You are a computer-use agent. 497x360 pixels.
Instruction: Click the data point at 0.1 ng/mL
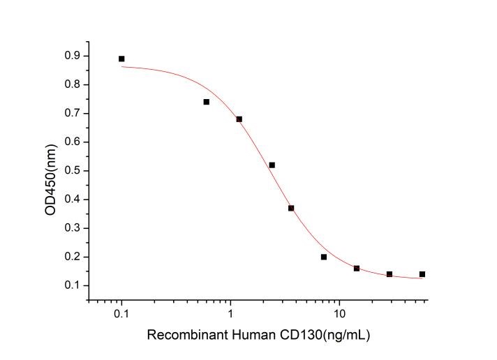coord(121,59)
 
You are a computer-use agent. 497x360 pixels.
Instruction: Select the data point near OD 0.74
coord(206,102)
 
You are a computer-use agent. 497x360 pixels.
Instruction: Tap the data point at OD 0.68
coord(239,119)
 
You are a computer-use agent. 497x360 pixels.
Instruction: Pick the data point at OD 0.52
coord(272,165)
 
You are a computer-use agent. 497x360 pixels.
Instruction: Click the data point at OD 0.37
coord(291,208)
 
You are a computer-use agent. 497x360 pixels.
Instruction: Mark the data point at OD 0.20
coord(324,257)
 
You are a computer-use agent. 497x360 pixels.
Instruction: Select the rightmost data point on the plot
coord(422,274)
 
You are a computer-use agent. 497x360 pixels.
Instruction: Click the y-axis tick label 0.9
coord(72,56)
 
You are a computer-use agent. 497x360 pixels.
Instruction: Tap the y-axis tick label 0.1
coord(72,285)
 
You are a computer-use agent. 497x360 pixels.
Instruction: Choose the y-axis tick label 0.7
coord(72,113)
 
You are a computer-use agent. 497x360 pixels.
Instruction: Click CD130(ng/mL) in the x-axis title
coord(327,336)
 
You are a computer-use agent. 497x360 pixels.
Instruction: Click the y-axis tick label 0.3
coord(72,228)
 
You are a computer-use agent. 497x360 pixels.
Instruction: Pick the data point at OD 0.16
coord(357,269)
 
